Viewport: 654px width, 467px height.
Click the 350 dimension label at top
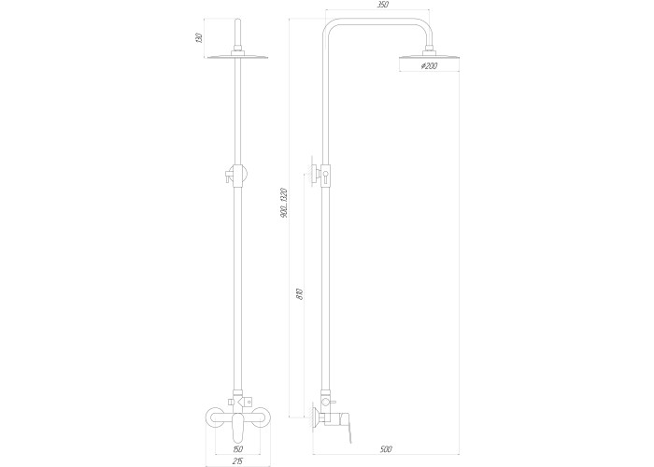tap(382, 5)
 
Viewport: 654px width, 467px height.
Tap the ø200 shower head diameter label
tap(429, 66)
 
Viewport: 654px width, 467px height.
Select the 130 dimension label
tap(199, 38)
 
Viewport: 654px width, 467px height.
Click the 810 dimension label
tap(300, 294)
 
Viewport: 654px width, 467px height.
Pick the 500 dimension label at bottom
tap(386, 449)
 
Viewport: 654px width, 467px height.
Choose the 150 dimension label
tap(237, 449)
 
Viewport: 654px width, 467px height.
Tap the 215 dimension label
tap(237, 460)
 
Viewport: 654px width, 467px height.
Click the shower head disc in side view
tap(429, 57)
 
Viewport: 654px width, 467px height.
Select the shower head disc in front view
tap(237, 57)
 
